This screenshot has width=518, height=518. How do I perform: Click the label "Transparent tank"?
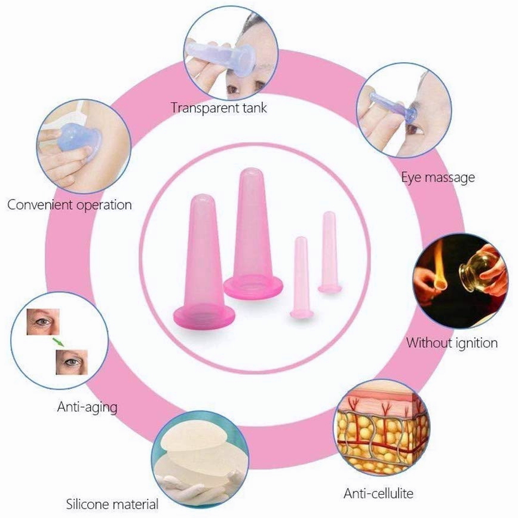219,108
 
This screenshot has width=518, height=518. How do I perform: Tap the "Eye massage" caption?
438,177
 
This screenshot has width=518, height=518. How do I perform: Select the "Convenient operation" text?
69,205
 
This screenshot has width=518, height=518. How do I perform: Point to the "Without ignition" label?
452,342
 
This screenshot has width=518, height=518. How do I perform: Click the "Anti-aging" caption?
87,407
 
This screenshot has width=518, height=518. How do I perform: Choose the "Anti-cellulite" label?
378,494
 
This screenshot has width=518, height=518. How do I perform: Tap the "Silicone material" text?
112,504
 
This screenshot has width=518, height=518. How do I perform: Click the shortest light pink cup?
302,277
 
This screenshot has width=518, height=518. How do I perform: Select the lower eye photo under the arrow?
72,362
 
